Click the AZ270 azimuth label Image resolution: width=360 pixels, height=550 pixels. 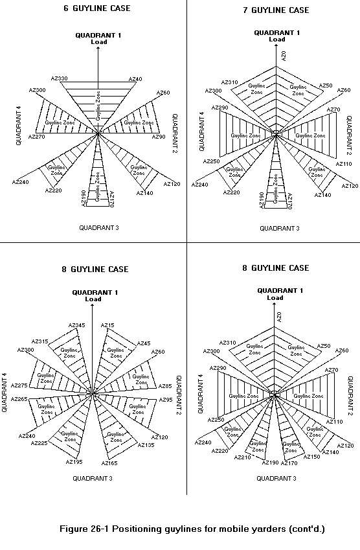click(37, 137)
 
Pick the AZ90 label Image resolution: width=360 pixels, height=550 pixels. click(159, 137)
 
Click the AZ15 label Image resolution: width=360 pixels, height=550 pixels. click(107, 325)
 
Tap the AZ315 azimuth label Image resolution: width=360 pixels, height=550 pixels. click(40, 341)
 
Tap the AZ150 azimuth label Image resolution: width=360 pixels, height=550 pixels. click(312, 457)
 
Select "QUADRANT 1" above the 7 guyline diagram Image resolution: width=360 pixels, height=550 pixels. click(277, 32)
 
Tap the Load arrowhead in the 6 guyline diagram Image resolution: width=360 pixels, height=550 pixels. click(98, 49)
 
